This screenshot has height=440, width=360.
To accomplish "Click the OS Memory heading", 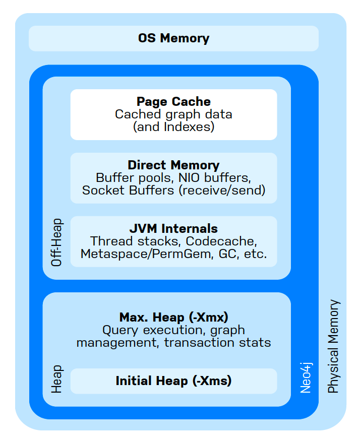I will [173, 38].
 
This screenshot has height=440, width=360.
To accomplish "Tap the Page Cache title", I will [173, 102].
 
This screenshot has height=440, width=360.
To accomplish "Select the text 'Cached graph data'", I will [173, 114].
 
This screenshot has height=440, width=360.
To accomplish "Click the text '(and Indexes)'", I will [173, 127].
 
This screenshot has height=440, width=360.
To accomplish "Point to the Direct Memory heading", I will [173, 165].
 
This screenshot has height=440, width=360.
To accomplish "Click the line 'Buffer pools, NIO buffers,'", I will [173, 178].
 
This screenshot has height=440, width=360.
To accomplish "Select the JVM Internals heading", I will [173, 228].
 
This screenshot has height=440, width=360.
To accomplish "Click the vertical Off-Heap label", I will [57, 242].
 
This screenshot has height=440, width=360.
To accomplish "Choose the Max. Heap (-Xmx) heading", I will [173, 318].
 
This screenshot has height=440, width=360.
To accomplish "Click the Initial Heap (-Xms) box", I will [173, 381].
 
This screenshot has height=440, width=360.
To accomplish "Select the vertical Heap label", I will [57, 379].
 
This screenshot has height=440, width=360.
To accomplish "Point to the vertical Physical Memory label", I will [334, 346].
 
